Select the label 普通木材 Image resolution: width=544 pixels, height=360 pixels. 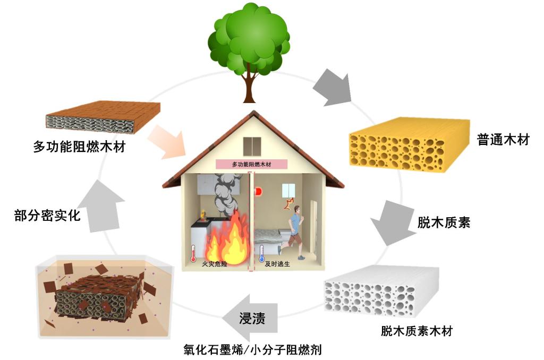[x=503, y=140]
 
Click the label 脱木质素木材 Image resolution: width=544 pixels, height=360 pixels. [x=416, y=331]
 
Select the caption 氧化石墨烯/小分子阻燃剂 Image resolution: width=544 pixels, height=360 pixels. [x=252, y=349]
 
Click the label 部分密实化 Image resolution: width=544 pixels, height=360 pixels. [x=47, y=215]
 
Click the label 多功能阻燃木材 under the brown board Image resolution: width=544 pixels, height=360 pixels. [x=79, y=146]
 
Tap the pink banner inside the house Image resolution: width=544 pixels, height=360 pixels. [x=251, y=165]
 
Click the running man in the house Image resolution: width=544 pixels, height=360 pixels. [x=295, y=231]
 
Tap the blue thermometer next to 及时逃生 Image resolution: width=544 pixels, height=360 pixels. [x=261, y=252]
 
